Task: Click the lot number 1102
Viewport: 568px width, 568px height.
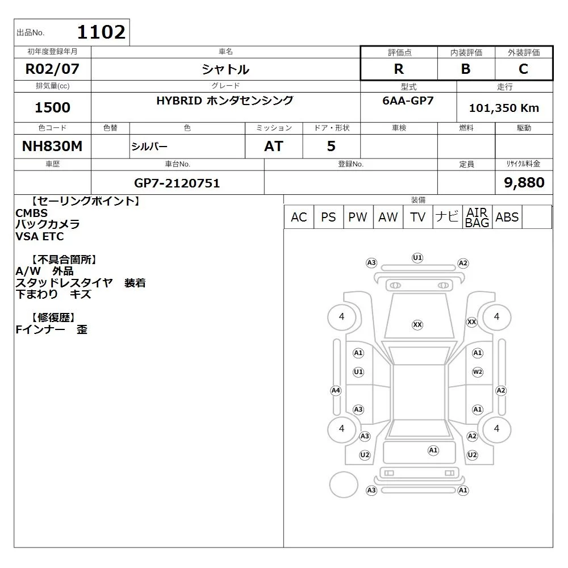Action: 102,32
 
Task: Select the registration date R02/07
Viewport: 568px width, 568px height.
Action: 52,69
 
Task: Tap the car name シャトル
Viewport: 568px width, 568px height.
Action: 225,69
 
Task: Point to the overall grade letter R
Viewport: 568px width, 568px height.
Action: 399,69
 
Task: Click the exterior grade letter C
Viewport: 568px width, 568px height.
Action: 523,69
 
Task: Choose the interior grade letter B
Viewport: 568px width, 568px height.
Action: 466,69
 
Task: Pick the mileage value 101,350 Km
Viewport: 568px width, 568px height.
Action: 504,107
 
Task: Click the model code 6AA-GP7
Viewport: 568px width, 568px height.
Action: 408,101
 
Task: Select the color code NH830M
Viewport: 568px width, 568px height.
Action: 52,146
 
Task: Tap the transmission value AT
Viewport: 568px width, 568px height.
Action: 274,146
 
